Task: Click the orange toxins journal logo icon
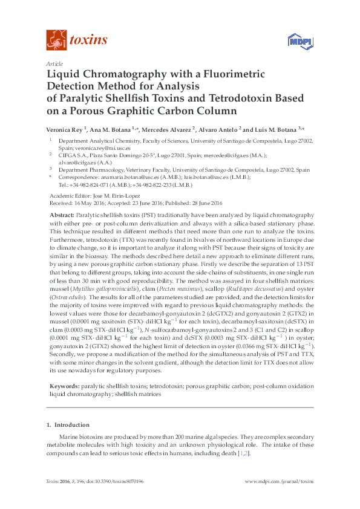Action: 56,41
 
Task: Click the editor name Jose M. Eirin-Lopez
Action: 116,196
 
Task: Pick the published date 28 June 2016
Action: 206,203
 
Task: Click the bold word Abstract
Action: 61,216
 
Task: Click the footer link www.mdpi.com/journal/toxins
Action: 279,482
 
